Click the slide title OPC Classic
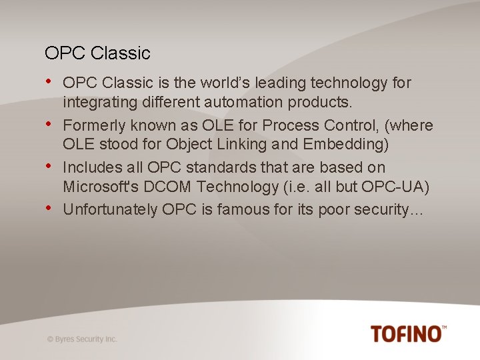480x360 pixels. tap(97, 53)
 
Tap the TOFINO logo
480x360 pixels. tap(408, 333)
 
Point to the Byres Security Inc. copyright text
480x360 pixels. tap(82, 339)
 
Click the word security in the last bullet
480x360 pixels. tap(378, 209)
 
